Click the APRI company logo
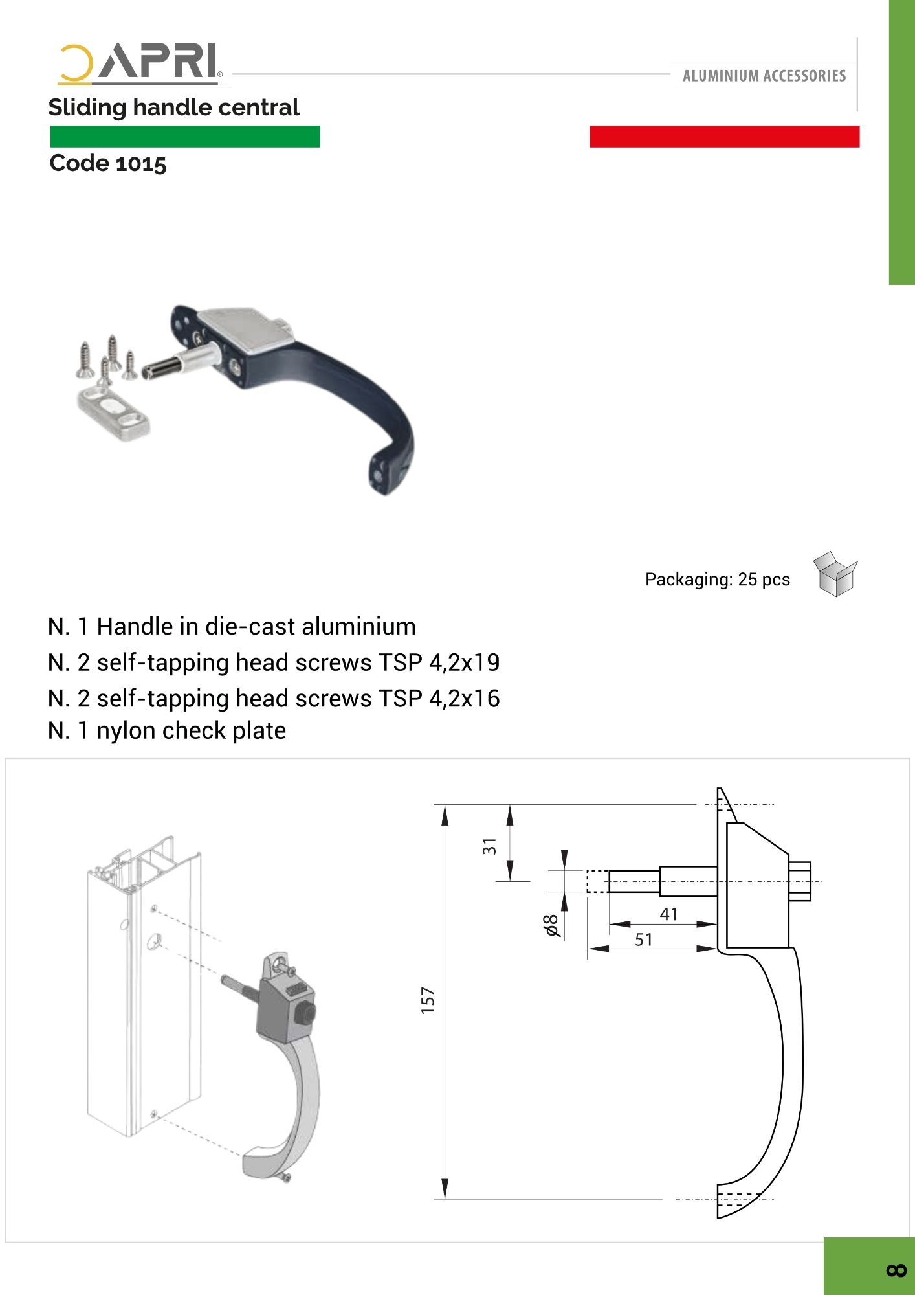click(x=140, y=64)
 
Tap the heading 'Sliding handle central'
click(x=174, y=107)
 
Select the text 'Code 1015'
click(x=108, y=163)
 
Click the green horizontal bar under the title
click(x=185, y=137)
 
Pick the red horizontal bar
click(x=725, y=137)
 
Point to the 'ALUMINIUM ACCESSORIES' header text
click(x=764, y=76)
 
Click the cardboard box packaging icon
click(x=835, y=574)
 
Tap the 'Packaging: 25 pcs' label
click(x=718, y=579)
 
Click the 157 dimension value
click(x=428, y=1000)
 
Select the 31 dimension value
click(x=490, y=846)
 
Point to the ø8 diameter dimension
click(x=551, y=925)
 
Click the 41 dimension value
click(x=669, y=914)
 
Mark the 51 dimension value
click(x=644, y=940)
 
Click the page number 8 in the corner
click(x=896, y=1270)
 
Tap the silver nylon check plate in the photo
click(x=114, y=414)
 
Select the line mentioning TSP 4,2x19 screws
click(x=274, y=662)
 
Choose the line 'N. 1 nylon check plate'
click(x=167, y=730)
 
